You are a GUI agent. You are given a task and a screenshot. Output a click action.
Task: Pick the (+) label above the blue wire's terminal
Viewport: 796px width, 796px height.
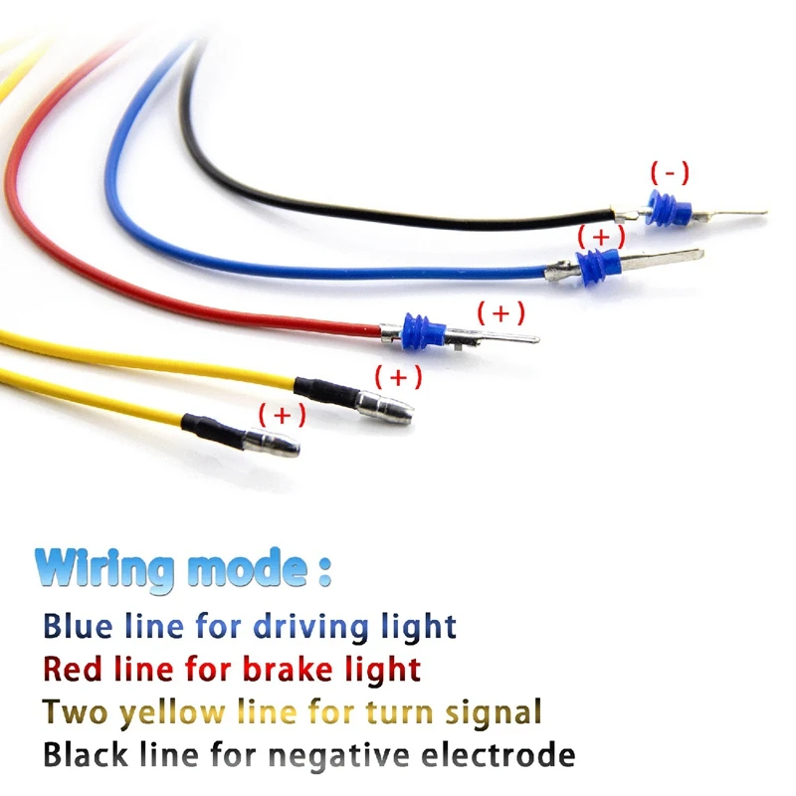coord(601,236)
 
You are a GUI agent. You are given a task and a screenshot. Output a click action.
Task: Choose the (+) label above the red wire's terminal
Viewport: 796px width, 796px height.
coord(500,312)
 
